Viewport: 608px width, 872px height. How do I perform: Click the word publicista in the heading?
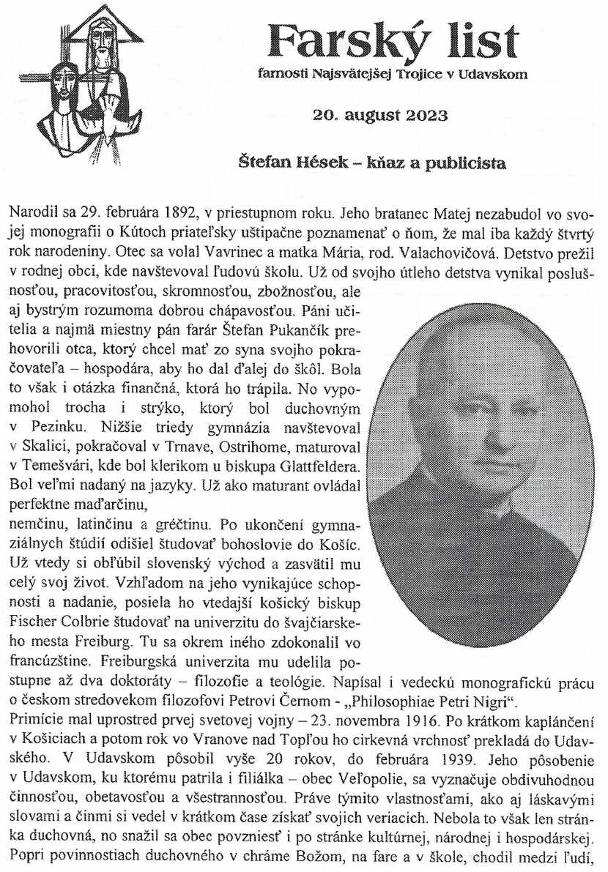(x=459, y=163)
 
